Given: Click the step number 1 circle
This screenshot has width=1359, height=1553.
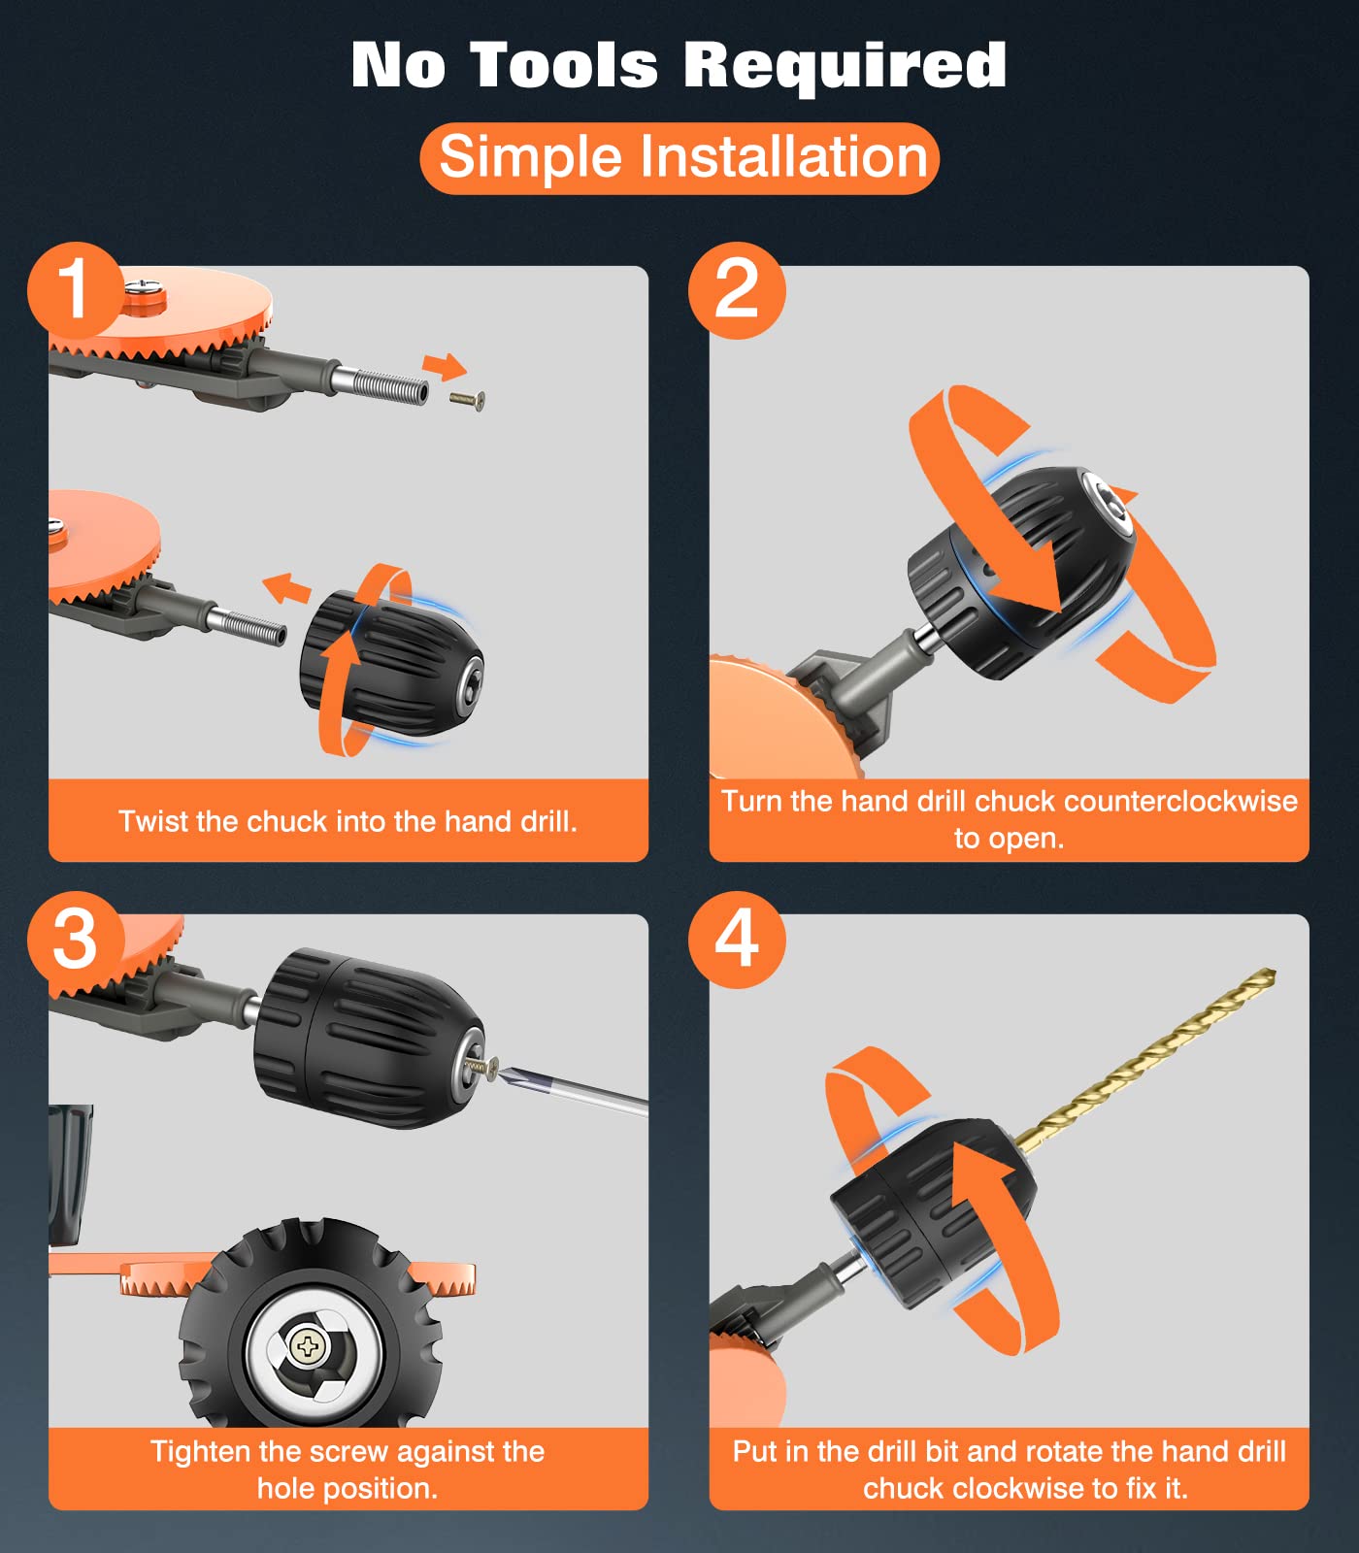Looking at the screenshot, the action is pyautogui.click(x=76, y=290).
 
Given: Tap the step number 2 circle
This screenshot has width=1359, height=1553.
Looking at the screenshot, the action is pyautogui.click(x=737, y=290).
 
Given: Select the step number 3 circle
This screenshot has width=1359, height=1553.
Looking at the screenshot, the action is pyautogui.click(x=76, y=940).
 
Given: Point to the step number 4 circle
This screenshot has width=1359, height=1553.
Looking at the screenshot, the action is pyautogui.click(x=737, y=940).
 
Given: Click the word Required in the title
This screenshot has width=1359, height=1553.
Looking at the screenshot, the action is pyautogui.click(x=845, y=65).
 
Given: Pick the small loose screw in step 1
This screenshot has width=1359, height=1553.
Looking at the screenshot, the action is pyautogui.click(x=468, y=399).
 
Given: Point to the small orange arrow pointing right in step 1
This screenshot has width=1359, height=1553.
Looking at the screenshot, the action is pyautogui.click(x=445, y=367).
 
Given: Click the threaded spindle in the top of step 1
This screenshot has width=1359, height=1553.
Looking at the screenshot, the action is pyautogui.click(x=382, y=387).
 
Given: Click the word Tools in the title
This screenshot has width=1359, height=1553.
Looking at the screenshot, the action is pyautogui.click(x=564, y=65).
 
